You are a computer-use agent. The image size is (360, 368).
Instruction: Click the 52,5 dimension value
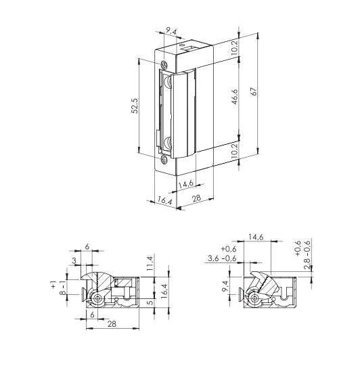click(x=135, y=106)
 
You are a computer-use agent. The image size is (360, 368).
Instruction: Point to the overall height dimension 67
click(x=253, y=92)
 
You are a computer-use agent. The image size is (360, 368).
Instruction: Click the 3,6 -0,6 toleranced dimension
click(x=223, y=258)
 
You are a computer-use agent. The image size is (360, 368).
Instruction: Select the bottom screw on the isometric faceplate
click(x=162, y=160)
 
